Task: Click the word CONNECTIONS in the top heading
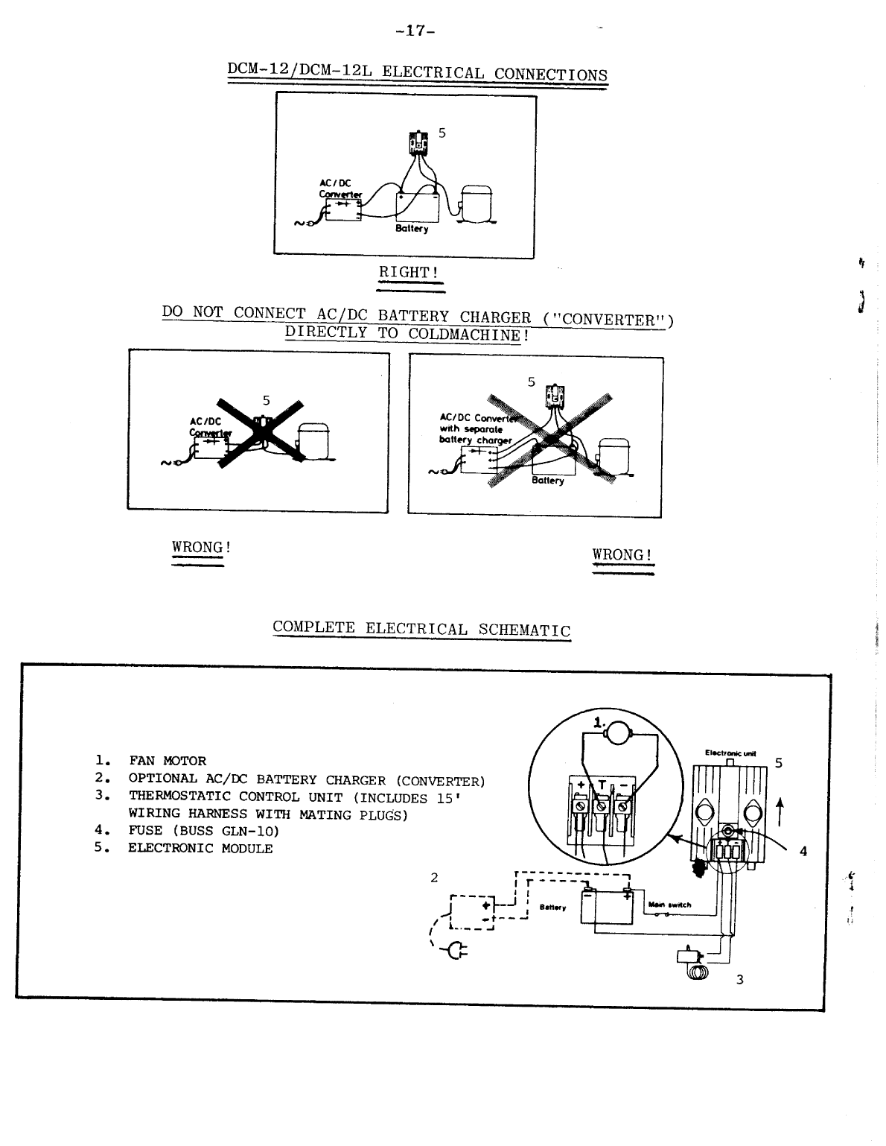click(550, 75)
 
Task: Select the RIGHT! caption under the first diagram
click(409, 273)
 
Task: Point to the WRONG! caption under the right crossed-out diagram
click(622, 555)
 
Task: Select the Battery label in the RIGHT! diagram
click(412, 229)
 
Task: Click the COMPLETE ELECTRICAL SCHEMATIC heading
click(421, 628)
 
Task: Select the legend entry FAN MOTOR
click(168, 761)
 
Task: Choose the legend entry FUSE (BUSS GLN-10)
click(203, 831)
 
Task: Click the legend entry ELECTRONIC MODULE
click(200, 849)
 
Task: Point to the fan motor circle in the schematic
click(617, 736)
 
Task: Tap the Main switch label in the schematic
click(670, 905)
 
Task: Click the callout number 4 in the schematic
click(803, 852)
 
